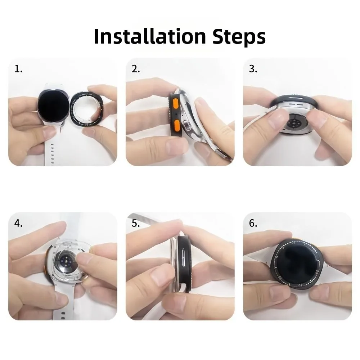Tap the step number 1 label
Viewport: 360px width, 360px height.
pyautogui.click(x=18, y=69)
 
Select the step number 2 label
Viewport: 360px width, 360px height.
pyautogui.click(x=135, y=69)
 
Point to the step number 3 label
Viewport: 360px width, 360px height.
pyautogui.click(x=253, y=69)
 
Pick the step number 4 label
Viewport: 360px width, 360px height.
pyautogui.click(x=18, y=223)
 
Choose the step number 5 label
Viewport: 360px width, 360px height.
pyautogui.click(x=135, y=223)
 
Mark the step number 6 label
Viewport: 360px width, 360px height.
pyautogui.click(x=253, y=223)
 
